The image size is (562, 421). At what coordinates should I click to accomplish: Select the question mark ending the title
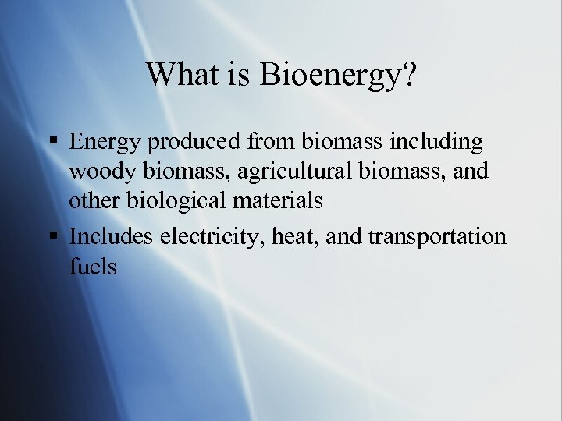click(x=408, y=75)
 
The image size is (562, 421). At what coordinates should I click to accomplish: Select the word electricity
click(x=208, y=237)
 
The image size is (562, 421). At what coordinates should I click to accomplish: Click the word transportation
click(x=438, y=237)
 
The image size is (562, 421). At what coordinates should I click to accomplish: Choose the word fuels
click(x=93, y=267)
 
